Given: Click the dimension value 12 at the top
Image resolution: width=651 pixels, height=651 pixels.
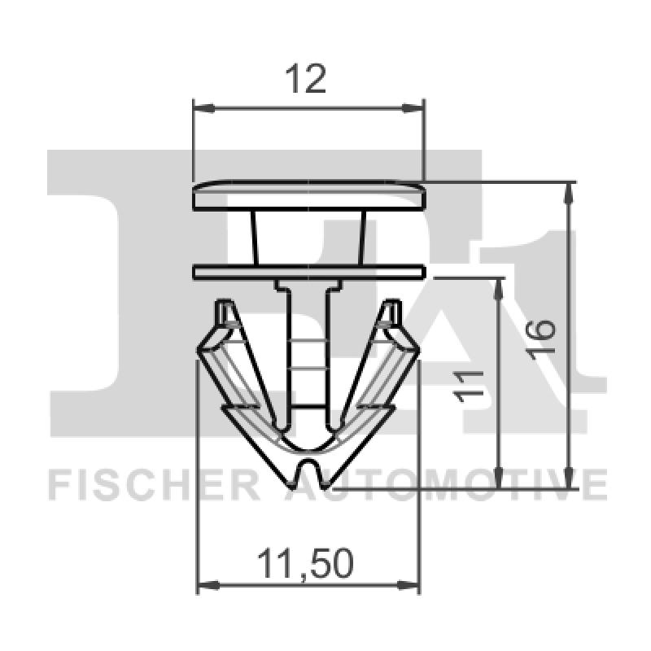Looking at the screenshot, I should [308, 79].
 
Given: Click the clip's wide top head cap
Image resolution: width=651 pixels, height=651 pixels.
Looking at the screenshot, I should [308, 197].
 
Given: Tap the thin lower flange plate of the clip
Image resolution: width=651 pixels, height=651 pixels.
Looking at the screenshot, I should [308, 271].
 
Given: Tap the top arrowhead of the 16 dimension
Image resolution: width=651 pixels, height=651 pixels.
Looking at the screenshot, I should [570, 189].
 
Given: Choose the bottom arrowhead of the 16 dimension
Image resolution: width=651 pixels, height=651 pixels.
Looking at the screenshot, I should [570, 483].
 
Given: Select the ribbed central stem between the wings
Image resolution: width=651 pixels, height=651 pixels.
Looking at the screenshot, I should [310, 358].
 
